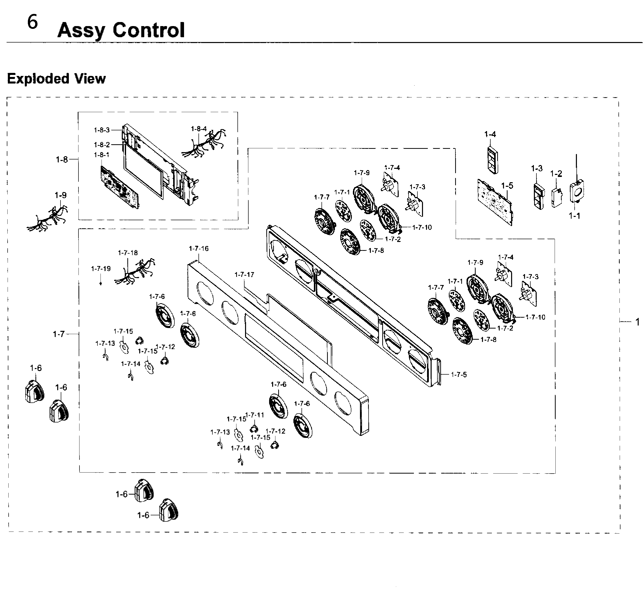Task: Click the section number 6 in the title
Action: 33,22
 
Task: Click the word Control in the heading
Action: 149,30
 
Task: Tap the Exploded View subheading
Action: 56,78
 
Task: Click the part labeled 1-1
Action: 578,192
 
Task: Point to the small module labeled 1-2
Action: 556,198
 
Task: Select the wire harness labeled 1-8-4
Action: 205,144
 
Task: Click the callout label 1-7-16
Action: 198,249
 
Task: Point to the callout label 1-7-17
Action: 244,275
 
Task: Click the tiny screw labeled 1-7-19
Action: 101,283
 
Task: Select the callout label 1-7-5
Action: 459,375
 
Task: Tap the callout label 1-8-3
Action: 102,130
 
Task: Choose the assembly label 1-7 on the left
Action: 59,334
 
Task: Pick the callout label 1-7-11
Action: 255,415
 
